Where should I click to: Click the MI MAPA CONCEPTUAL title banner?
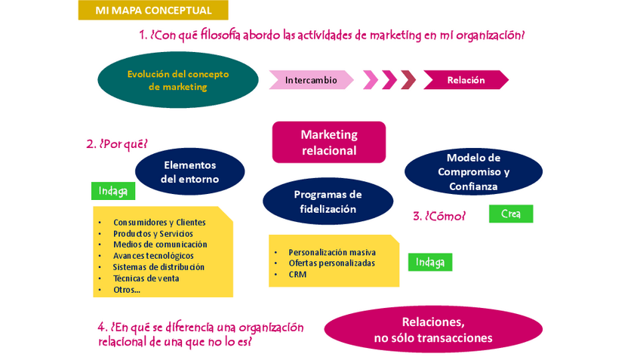pos(152,11)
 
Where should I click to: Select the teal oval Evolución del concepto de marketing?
pos(178,80)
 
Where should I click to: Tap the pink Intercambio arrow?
pos(311,80)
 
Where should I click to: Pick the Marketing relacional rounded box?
pos(329,142)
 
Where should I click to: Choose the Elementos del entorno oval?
pos(189,172)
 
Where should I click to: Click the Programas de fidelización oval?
pos(328,202)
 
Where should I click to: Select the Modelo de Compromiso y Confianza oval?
pos(473,172)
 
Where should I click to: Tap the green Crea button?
pos(510,214)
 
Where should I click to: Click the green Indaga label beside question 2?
pos(113,191)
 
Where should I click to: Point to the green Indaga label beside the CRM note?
pos(430,263)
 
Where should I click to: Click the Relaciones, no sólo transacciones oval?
pos(433,330)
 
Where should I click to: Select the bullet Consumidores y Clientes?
pos(159,223)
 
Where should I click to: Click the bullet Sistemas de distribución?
pos(158,267)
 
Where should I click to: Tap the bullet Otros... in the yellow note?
pos(127,290)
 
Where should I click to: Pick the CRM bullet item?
pos(297,275)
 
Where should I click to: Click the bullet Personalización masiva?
pos(331,252)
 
